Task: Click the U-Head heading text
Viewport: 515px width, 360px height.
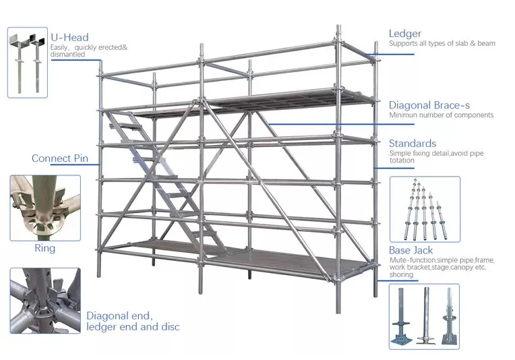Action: point(69,37)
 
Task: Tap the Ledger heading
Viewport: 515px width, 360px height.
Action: point(405,34)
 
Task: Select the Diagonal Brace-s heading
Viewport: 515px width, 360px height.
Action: point(429,105)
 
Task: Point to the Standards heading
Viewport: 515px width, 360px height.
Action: point(413,144)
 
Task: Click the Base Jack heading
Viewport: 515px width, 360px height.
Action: point(411,251)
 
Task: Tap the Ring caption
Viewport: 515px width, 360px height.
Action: point(44,248)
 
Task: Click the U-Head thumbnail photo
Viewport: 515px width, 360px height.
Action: point(28,62)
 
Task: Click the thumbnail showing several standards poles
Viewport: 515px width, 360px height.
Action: point(425,208)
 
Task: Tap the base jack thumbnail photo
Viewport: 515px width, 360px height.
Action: point(424,316)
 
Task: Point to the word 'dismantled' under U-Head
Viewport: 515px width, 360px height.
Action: point(67,55)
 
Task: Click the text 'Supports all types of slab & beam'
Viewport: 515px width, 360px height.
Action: point(442,44)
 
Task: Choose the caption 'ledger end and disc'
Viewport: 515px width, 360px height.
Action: point(133,328)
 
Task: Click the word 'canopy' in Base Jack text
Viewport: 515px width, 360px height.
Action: point(459,267)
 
